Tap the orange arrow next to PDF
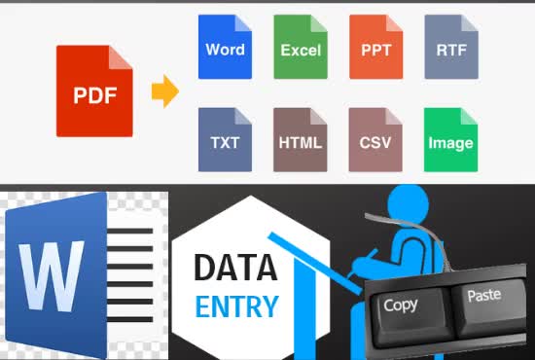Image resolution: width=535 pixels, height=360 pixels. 164,94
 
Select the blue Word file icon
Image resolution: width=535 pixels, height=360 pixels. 225,47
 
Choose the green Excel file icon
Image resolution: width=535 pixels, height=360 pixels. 301,47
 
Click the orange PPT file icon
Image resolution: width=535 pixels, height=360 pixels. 375,47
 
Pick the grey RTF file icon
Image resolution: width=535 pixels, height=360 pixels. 451,47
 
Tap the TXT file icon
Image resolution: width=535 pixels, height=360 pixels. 225,139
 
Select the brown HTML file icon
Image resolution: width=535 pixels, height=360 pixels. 301,139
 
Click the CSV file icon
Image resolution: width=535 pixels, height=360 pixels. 375,139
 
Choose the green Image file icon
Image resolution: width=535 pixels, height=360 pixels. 451,139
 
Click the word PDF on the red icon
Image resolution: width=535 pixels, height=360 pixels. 94,96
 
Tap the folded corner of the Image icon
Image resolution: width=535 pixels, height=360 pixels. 469,115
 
